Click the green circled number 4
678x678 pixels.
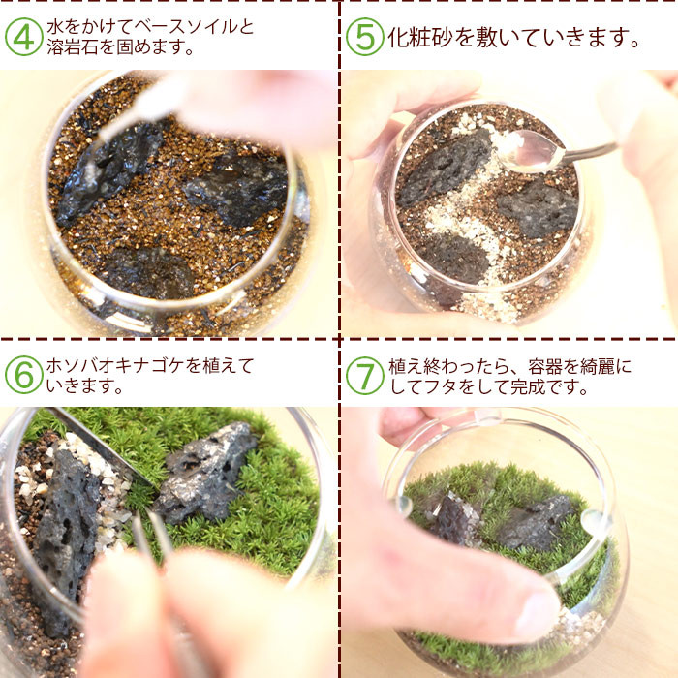coord(24,37)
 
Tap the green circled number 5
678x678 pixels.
coord(364,37)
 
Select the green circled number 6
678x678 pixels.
coord(24,375)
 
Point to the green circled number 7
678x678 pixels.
coord(364,376)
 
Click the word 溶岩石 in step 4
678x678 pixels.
coord(73,47)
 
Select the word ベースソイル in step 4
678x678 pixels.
coord(186,27)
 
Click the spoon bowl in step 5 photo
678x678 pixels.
coord(532,149)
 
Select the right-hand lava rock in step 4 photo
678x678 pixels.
coord(236,190)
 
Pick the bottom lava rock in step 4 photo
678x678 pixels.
coord(147,272)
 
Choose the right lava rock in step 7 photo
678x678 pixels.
coord(535,523)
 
